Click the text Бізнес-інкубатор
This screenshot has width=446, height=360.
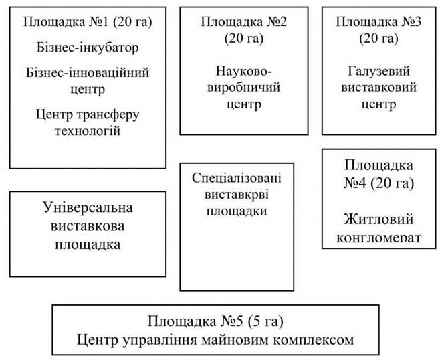88,48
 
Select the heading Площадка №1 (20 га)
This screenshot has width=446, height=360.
88,22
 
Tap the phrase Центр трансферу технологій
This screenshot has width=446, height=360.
88,123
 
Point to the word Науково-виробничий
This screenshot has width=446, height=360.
244,79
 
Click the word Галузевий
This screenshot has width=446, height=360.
379,71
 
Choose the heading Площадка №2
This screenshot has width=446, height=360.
244,22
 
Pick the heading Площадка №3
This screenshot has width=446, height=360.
378,22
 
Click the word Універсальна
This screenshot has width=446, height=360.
88,207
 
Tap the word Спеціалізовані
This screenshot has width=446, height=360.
237,178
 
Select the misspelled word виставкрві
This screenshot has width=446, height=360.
237,195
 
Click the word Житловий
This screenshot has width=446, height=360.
378,219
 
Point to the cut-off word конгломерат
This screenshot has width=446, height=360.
378,238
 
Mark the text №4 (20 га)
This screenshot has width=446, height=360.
378,183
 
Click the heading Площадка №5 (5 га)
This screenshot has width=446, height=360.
215,321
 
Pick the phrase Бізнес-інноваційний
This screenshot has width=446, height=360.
88,72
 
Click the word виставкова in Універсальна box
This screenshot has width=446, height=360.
88,226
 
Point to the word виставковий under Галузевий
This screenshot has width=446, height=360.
379,88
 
